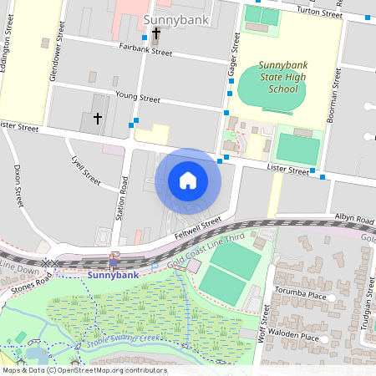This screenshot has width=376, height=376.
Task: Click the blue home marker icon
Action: [x=188, y=180]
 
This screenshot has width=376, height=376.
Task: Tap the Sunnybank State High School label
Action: [x=278, y=77]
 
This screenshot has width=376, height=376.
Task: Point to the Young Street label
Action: [x=137, y=98]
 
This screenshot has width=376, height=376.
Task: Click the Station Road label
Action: [x=125, y=198]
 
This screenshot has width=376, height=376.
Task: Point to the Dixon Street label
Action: [x=18, y=185]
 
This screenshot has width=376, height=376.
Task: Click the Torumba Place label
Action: [x=304, y=295]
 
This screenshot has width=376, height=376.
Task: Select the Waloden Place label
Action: [x=297, y=338]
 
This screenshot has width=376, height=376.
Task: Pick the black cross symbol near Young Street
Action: [x=97, y=119]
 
